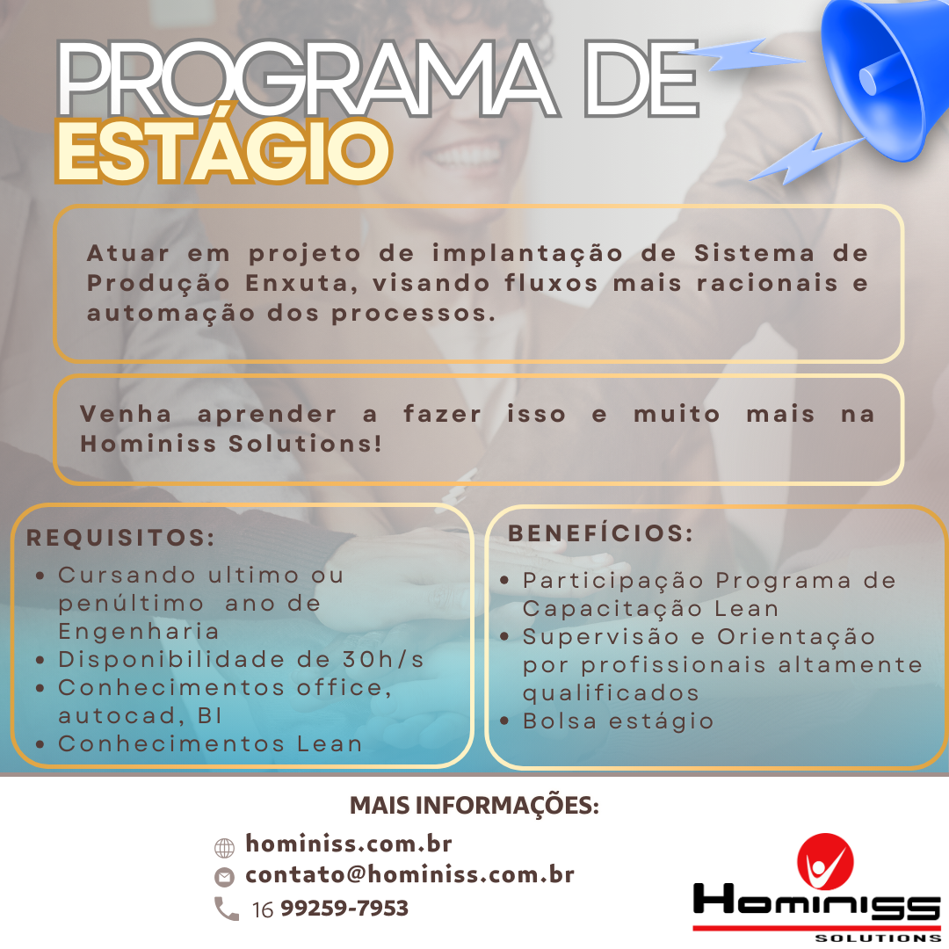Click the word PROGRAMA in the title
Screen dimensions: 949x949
click(307, 79)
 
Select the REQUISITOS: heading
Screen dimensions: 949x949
click(120, 538)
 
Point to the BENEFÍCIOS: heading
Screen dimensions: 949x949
click(600, 533)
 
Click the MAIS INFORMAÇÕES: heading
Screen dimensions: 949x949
click(474, 806)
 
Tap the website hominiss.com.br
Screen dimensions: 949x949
click(349, 844)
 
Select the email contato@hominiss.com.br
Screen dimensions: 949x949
click(409, 874)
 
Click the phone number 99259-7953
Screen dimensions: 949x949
click(344, 908)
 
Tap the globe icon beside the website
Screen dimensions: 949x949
click(225, 848)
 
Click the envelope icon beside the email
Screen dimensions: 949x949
click(225, 876)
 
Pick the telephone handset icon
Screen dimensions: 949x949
click(227, 909)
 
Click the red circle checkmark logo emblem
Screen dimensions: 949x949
click(825, 862)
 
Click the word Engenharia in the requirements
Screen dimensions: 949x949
click(139, 631)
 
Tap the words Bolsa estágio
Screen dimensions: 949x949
click(618, 721)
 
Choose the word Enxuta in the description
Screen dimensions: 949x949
click(301, 283)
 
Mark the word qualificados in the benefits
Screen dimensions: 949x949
click(611, 693)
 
